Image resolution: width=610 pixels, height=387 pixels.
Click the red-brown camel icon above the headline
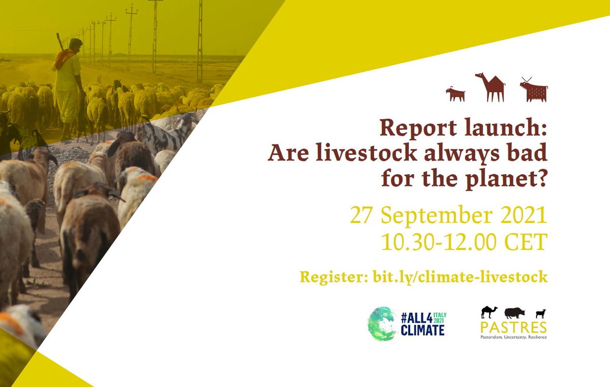[x=490, y=87]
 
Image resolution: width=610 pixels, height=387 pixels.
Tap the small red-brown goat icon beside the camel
[x=455, y=94]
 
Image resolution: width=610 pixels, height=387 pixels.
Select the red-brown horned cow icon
[x=534, y=91]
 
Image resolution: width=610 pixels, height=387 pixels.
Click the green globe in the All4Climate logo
[x=381, y=323]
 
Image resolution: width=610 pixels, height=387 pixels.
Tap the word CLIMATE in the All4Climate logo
[x=422, y=330]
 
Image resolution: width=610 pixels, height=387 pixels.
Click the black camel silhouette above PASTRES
[x=489, y=312]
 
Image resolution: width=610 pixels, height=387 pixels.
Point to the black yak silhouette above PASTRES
[x=515, y=312]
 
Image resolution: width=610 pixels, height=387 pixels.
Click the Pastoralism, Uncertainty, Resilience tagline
[x=513, y=337]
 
